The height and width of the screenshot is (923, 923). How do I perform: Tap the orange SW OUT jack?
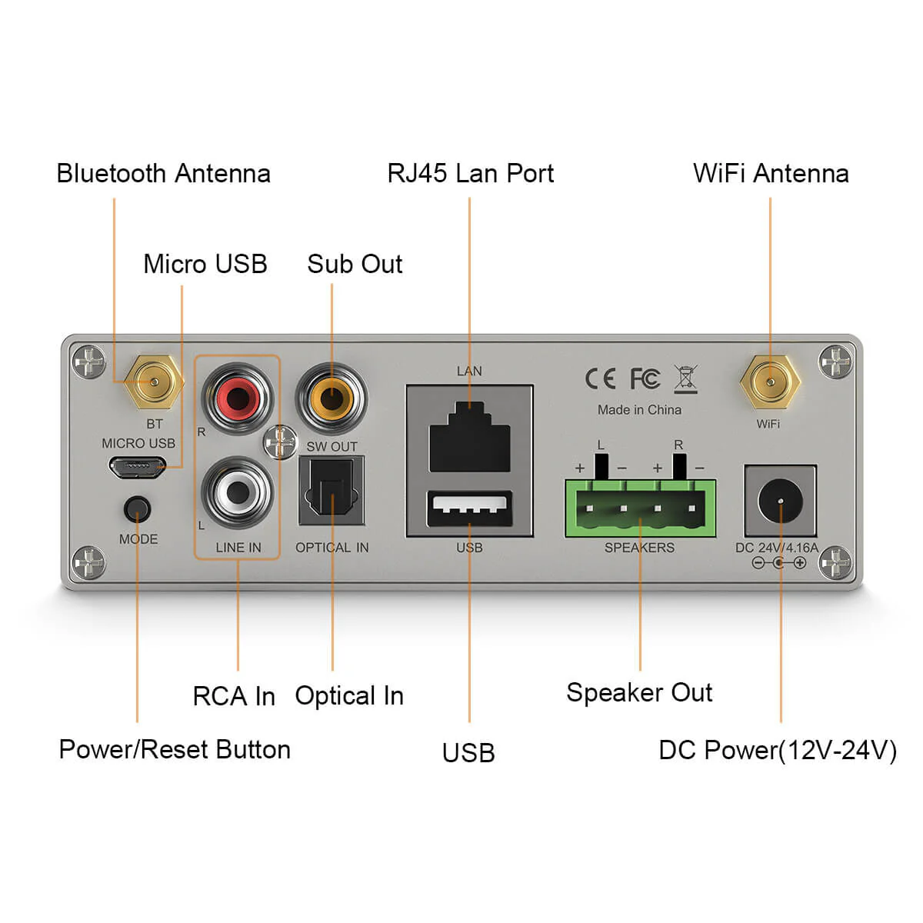pos(332,398)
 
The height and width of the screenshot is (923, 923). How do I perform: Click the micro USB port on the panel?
pos(136,466)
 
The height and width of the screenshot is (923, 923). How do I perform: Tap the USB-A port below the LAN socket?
pos(469,508)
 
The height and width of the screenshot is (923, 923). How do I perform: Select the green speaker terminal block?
pos(640,508)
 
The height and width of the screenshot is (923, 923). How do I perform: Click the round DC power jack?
pos(780,501)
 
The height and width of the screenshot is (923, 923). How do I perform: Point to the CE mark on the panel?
pos(600,378)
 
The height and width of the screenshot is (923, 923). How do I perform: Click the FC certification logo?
pos(645,378)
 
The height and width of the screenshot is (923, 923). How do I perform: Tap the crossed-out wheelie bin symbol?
pos(685,378)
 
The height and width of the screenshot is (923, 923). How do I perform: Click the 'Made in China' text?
pos(639,410)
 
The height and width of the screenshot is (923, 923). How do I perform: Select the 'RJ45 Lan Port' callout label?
pos(470,174)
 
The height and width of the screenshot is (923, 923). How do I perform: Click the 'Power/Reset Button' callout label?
pos(175,749)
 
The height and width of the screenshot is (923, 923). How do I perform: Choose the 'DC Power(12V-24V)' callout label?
pos(778,750)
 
